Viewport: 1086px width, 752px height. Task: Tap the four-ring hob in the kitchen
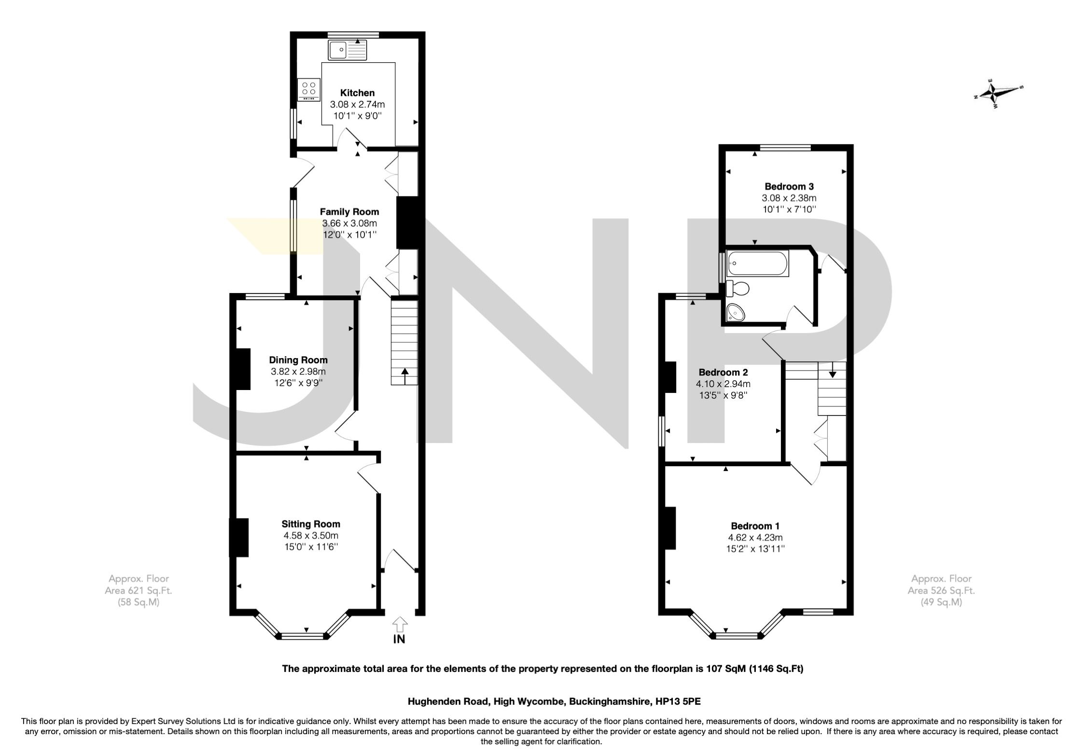pos(309,90)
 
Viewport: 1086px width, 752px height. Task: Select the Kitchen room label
pos(357,93)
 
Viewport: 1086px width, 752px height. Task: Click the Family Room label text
pos(349,211)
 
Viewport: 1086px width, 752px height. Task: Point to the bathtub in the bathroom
pos(757,264)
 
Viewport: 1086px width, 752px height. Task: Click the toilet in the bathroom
pos(738,289)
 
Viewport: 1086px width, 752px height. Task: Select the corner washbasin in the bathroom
pos(736,312)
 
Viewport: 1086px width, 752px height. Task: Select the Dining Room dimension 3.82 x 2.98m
pos(298,372)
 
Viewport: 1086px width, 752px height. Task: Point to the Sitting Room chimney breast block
pos(240,538)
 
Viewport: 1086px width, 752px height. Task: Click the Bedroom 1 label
pos(755,526)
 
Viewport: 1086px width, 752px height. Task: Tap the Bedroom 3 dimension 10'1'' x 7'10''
pos(789,209)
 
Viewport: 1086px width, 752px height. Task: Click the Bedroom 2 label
pos(723,372)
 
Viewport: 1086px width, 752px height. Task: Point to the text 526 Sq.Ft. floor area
pos(941,590)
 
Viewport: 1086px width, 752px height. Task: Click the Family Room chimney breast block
pos(408,223)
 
